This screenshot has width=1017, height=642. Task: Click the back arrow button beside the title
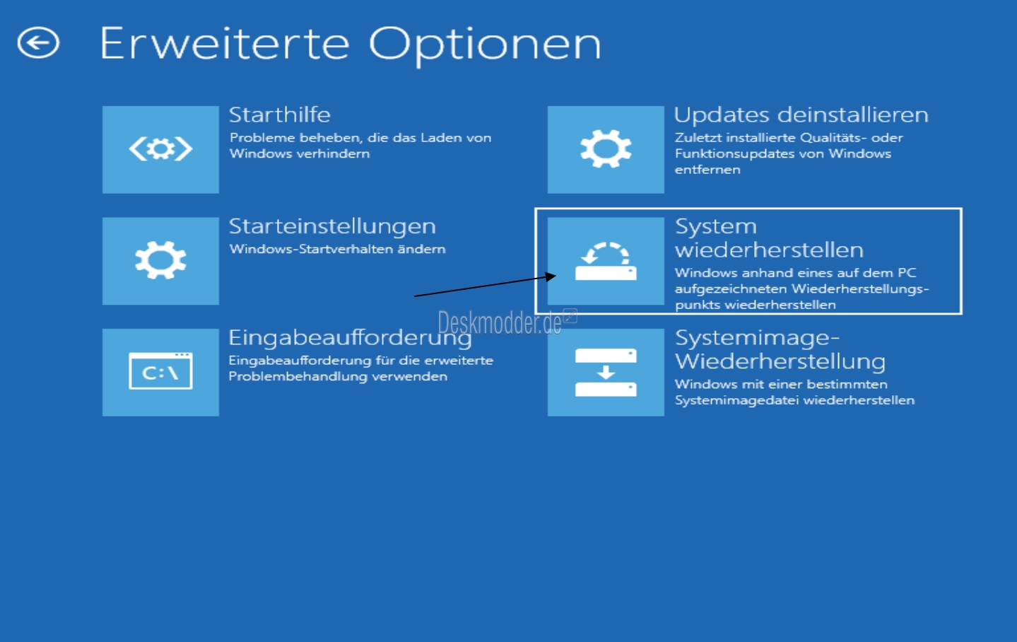(x=38, y=43)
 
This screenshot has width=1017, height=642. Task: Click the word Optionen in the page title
(x=485, y=46)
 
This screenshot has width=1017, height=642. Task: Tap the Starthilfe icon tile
(x=160, y=149)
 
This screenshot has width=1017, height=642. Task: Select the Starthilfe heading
(x=280, y=115)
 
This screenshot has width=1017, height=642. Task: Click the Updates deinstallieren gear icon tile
(x=606, y=149)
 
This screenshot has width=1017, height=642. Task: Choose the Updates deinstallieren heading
(x=801, y=115)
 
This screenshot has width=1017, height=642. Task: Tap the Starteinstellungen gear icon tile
(x=160, y=261)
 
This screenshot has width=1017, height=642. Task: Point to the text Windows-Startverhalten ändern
(x=337, y=249)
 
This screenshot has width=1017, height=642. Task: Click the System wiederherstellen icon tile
(x=606, y=261)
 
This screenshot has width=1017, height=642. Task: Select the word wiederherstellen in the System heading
(x=769, y=250)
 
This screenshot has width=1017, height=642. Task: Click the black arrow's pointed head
(x=555, y=276)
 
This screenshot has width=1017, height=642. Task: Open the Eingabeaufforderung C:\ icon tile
(x=160, y=372)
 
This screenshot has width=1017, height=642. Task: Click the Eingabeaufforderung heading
(x=350, y=338)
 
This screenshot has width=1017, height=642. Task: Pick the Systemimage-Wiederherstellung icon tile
(x=606, y=372)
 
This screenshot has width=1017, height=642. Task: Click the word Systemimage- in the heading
(x=758, y=338)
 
